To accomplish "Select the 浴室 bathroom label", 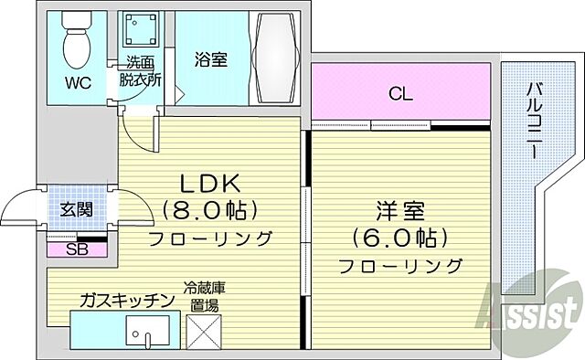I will pyautogui.click(x=211, y=61).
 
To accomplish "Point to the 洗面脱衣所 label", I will pyautogui.click(x=142, y=71).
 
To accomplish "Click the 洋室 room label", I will pyautogui.click(x=400, y=210).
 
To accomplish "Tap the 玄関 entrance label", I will pyautogui.click(x=77, y=209).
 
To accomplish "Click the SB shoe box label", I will pyautogui.click(x=75, y=248).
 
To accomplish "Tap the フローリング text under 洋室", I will pyautogui.click(x=400, y=266).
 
